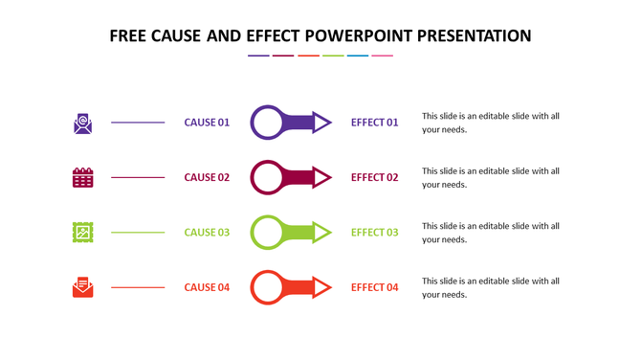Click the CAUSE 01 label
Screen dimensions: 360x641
click(207, 123)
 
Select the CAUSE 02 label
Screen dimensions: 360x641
click(207, 177)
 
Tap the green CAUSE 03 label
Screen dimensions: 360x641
click(207, 232)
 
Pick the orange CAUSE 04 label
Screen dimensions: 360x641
click(207, 287)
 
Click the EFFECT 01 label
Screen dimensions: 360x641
click(374, 123)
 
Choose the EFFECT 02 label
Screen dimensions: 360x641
click(374, 177)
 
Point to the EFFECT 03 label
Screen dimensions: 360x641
click(374, 232)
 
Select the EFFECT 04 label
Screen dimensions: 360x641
click(374, 287)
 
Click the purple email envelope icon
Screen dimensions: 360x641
click(83, 123)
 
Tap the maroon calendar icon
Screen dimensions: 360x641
click(83, 177)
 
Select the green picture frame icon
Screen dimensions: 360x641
click(83, 232)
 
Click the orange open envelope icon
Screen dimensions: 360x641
click(83, 287)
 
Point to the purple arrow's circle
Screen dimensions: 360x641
click(267, 123)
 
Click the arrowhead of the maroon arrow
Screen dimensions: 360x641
click(322, 177)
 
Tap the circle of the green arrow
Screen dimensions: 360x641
click(267, 232)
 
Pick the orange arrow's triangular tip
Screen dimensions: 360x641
click(322, 287)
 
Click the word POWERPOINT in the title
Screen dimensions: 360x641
click(365, 36)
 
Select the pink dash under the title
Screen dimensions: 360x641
click(383, 56)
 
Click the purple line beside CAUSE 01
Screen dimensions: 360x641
click(138, 123)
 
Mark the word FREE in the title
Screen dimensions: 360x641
click(128, 36)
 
